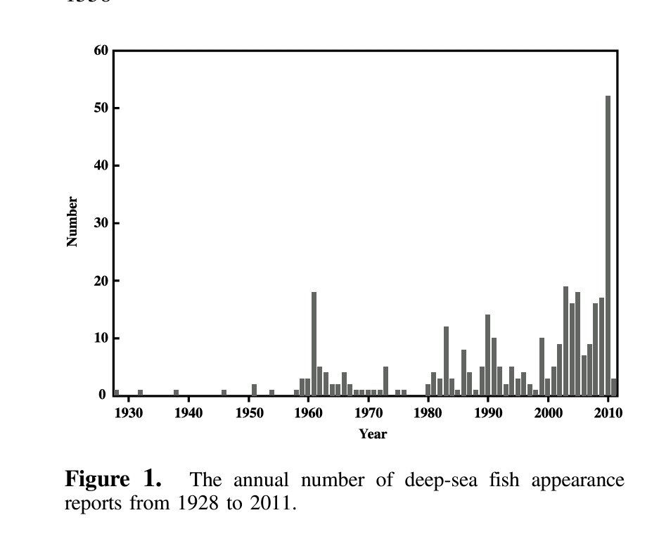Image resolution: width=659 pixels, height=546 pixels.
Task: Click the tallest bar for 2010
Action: point(608,246)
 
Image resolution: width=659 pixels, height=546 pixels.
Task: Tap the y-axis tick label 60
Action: point(101,51)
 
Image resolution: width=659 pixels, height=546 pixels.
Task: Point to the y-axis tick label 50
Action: point(101,108)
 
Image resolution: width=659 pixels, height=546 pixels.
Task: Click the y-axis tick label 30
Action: point(101,223)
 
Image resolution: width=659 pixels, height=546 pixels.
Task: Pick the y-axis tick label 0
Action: point(103,395)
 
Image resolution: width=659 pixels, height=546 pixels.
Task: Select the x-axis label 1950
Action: point(248,413)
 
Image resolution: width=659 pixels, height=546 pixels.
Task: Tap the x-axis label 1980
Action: point(428,413)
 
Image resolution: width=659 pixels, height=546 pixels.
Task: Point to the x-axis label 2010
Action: point(608,413)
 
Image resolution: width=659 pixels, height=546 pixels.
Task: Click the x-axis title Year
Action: point(372,434)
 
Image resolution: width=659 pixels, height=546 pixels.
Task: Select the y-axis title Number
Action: point(72,222)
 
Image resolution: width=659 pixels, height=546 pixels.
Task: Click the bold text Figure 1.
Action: point(113,481)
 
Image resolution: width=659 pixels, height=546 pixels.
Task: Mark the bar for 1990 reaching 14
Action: point(487,355)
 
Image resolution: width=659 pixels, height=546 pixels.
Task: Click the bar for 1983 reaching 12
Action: point(446,361)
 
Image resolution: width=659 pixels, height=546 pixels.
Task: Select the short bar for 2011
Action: point(614,387)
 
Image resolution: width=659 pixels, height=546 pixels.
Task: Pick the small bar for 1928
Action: point(116,393)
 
